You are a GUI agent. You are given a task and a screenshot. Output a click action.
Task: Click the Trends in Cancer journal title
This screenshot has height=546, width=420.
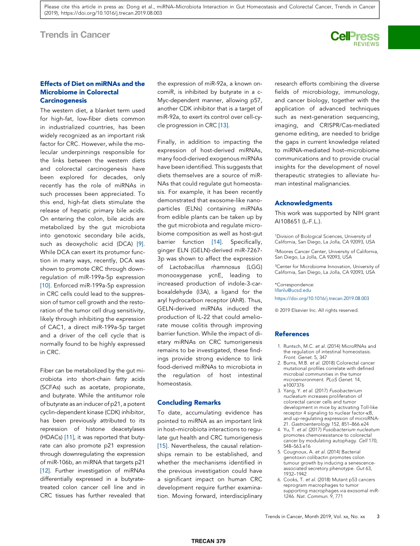75,35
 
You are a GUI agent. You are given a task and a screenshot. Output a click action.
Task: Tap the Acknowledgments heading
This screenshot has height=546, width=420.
303,203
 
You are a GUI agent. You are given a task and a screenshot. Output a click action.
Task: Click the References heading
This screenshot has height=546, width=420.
292,334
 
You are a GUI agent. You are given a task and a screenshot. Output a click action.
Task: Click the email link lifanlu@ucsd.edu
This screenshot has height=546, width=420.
293,290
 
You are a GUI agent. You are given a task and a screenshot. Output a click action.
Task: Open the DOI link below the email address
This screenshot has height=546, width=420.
321,298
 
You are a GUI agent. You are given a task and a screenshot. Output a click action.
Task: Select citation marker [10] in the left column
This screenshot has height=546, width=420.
46,285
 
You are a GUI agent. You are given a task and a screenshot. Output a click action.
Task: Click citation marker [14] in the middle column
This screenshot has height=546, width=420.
217,242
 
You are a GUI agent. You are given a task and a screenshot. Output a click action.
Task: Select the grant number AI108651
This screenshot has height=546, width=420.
288,221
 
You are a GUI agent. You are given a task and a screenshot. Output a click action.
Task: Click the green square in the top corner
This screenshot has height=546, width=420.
404,37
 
